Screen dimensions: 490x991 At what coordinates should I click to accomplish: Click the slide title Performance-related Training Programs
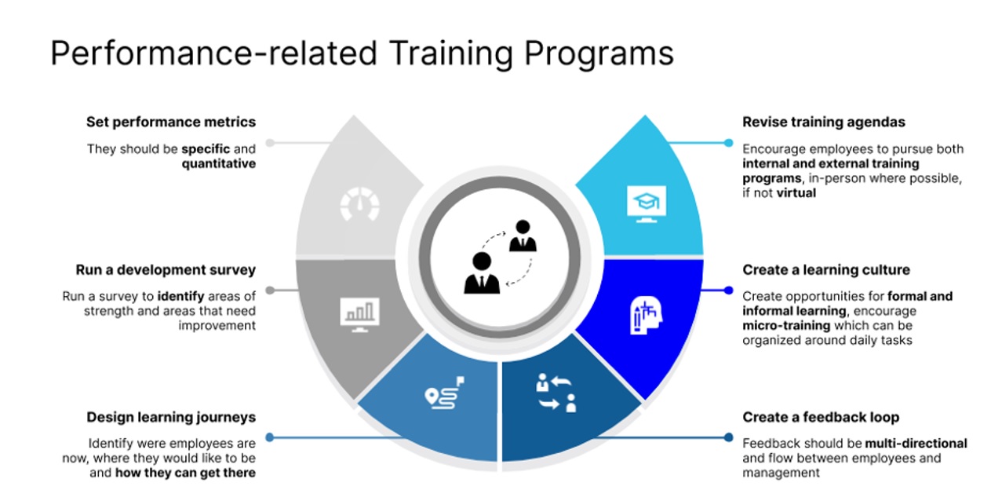click(362, 53)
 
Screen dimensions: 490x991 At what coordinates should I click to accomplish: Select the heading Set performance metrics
click(171, 122)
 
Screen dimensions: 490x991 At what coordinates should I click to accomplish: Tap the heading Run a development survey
click(166, 269)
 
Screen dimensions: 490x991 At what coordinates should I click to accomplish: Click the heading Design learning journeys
click(171, 417)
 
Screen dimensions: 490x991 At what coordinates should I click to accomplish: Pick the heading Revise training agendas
click(824, 122)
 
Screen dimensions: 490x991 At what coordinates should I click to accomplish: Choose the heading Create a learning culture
click(826, 269)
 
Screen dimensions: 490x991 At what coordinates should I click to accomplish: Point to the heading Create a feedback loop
click(821, 417)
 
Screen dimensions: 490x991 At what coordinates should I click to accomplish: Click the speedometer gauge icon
click(359, 206)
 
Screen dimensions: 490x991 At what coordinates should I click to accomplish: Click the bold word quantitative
click(219, 163)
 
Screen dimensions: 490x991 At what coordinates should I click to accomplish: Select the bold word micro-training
click(786, 325)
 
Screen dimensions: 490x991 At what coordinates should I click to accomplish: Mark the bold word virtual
click(796, 192)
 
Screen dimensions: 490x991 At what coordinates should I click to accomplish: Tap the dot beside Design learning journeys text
click(269, 437)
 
